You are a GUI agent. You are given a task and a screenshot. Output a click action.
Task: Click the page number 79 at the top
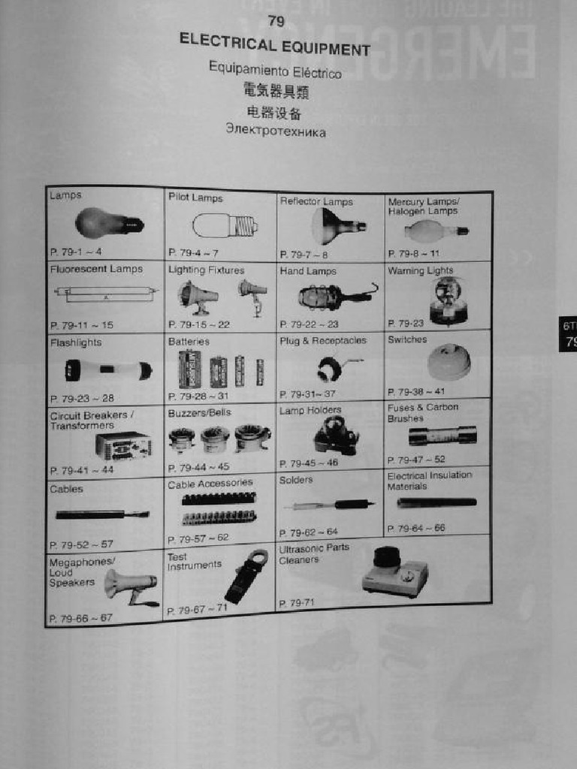coord(276,22)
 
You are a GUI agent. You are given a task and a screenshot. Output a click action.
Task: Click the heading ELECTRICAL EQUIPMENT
coord(275,45)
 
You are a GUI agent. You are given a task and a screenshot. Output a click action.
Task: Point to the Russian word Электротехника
coord(276,131)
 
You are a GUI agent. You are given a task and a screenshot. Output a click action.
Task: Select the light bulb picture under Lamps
coord(107,223)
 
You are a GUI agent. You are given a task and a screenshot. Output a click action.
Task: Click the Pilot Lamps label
coord(195,198)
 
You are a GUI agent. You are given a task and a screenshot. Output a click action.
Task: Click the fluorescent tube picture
coord(105,293)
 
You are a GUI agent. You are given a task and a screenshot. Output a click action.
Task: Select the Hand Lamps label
coord(308,271)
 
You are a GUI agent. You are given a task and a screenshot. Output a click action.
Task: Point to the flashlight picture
coord(108,369)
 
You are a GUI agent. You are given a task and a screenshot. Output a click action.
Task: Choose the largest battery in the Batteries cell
coord(189,369)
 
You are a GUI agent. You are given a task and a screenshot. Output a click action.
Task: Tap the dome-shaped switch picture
coord(449,362)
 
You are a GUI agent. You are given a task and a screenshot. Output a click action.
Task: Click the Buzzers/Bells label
coord(199,412)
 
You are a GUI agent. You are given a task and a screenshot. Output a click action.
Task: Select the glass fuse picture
coord(443,436)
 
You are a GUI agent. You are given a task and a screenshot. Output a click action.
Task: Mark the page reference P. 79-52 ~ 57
coord(81,544)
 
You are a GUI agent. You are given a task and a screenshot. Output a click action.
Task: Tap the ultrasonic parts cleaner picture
coord(394,572)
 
